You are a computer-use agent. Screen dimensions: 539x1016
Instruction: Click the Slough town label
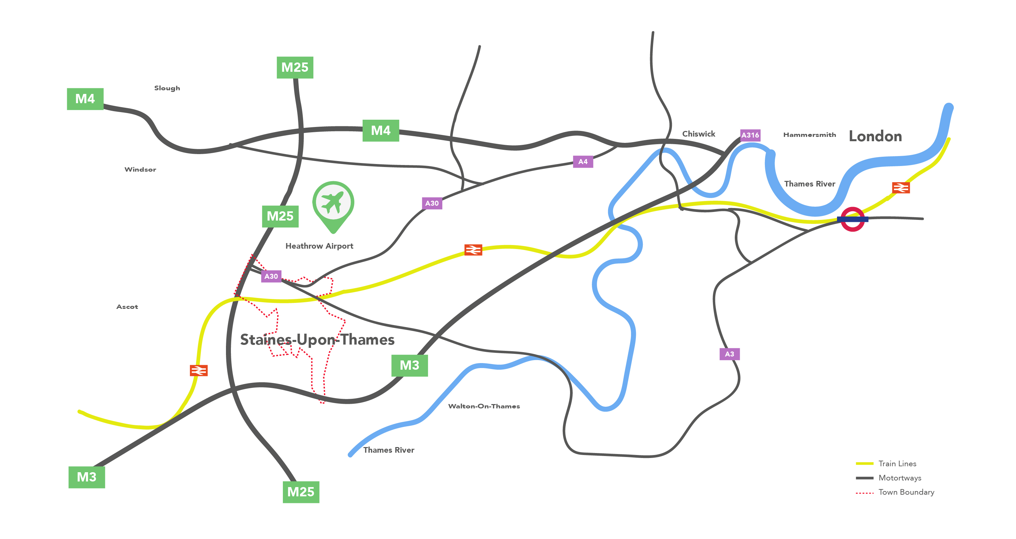[x=167, y=88]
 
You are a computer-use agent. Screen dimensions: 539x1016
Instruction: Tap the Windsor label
[x=140, y=170]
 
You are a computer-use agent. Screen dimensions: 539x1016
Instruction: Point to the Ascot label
[x=127, y=307]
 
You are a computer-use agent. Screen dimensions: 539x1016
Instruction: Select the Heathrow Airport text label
[x=319, y=246]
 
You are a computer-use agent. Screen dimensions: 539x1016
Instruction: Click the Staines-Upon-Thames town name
[x=317, y=340]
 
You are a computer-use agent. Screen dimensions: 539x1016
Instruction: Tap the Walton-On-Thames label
[x=484, y=406]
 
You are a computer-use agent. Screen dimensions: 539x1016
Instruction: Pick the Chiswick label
[x=698, y=134]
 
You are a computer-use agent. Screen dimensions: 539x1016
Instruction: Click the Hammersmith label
[x=809, y=135]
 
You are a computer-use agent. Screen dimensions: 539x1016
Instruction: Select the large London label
[x=875, y=137]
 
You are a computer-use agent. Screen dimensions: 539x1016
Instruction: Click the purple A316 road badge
[x=750, y=135]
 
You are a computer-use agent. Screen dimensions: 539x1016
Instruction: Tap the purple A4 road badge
[x=583, y=162]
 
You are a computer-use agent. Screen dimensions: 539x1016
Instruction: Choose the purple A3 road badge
[x=729, y=354]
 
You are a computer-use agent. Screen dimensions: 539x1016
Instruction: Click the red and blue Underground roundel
[x=852, y=219]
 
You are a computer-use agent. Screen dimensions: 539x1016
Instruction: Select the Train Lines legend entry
[x=897, y=464]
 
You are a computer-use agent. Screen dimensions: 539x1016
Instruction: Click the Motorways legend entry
[x=899, y=478]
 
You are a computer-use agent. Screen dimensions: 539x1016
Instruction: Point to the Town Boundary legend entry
[x=906, y=492]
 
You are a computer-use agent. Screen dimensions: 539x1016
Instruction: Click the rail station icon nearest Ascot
[x=199, y=371]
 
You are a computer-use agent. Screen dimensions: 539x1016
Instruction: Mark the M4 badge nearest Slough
[x=85, y=99]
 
